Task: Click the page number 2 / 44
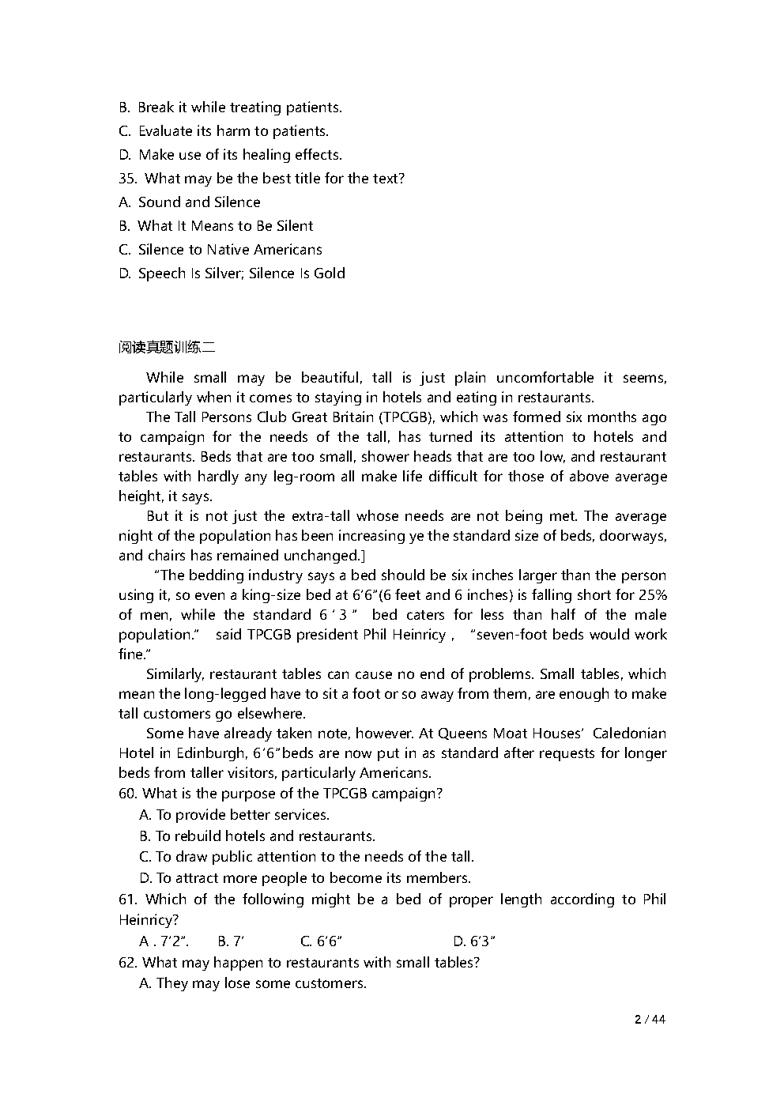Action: [x=650, y=1019]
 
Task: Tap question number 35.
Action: [x=128, y=179]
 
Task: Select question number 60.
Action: [x=128, y=794]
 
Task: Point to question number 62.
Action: [x=128, y=962]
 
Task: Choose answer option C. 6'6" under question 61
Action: [x=321, y=941]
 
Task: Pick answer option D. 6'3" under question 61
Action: [x=474, y=941]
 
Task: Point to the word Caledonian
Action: [x=629, y=734]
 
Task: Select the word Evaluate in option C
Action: [x=165, y=131]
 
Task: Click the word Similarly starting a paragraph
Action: [x=175, y=674]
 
